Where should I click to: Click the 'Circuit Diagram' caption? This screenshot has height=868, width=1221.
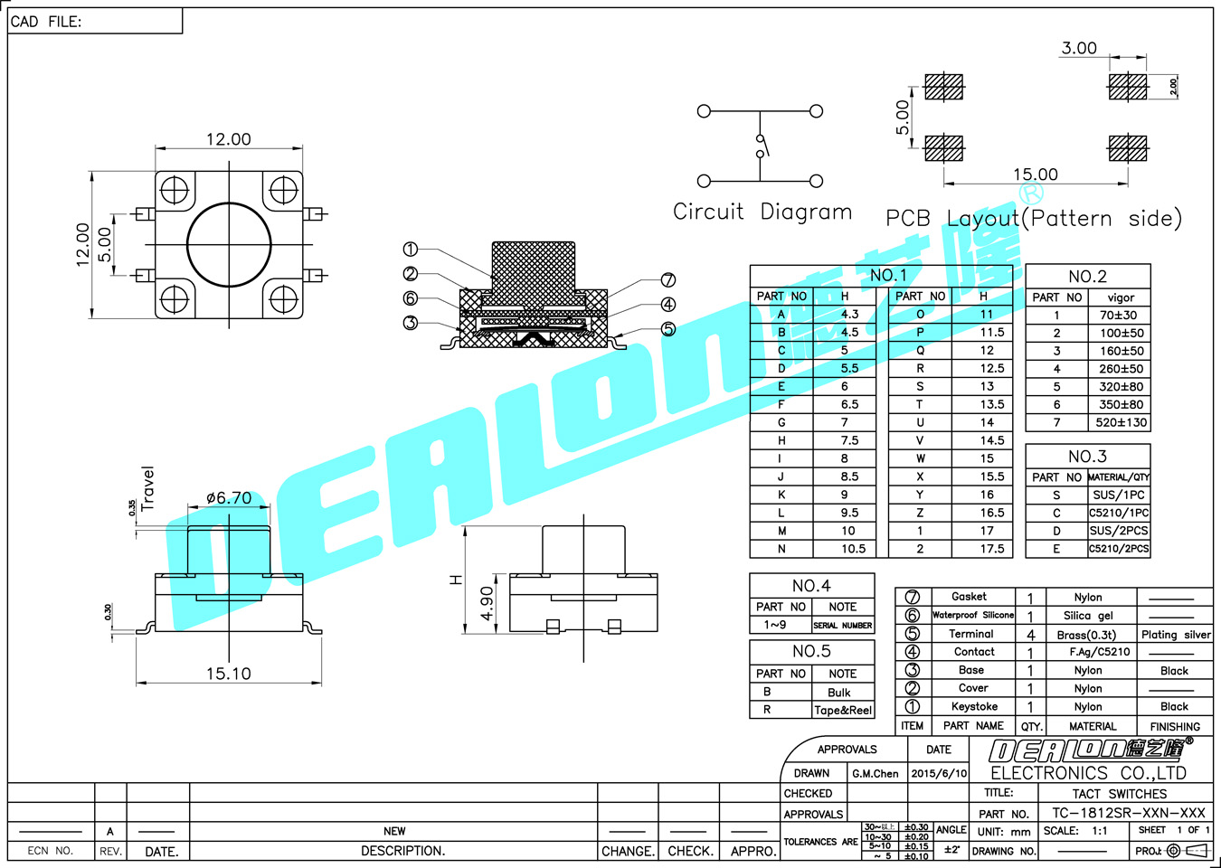pos(762,212)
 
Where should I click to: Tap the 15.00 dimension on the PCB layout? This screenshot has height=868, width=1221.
pos(1035,175)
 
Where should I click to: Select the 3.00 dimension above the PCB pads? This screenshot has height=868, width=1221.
pos(1079,48)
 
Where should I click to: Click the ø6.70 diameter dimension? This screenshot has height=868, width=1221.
pos(229,498)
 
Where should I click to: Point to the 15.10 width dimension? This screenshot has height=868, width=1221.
pos(228,674)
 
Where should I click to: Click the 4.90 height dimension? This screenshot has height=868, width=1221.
pos(487,603)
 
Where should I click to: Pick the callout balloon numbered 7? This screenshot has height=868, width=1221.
pos(668,280)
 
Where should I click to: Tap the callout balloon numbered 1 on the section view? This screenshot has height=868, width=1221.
pos(411,250)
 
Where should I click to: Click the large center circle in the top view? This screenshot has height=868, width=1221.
pos(229,244)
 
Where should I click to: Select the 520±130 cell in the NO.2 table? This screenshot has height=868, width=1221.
pos(1121,422)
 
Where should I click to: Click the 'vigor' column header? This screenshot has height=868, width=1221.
pos(1121,297)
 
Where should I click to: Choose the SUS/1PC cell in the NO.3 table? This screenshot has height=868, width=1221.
pos(1119,495)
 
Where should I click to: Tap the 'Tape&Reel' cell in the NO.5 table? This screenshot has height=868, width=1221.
pos(843,711)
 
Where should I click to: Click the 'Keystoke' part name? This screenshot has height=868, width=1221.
pos(974,707)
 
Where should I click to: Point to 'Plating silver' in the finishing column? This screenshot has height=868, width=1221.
pos(1175,635)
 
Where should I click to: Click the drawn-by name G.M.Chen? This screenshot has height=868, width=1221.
pos(875,774)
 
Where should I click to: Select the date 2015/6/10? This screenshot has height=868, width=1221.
pos(939,774)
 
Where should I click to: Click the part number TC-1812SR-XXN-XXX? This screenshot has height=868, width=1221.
pos(1128,813)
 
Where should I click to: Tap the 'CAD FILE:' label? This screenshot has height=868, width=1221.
pos(46,22)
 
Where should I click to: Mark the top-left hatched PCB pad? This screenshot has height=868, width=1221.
pos(944,87)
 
